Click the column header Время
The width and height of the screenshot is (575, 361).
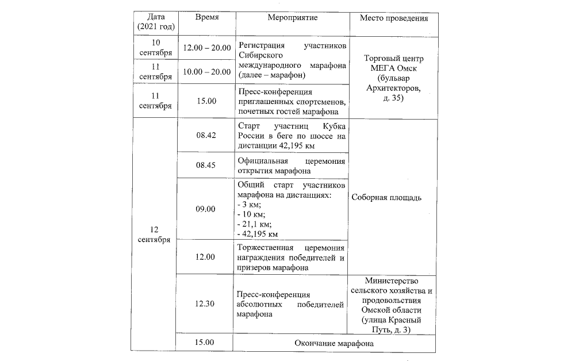tap(206, 17)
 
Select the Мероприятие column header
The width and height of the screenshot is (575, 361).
tap(292, 17)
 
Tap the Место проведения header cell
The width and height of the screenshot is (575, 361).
tap(394, 18)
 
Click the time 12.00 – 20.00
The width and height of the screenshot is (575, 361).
tap(206, 48)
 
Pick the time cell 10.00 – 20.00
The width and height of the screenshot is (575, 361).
tap(206, 71)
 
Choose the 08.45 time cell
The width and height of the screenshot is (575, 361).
tap(205, 164)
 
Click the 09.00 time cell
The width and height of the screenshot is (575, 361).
tap(205, 209)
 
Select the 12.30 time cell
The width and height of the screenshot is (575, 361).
tap(205, 304)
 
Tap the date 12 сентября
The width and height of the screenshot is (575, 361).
tap(154, 234)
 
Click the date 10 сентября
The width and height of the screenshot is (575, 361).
tap(155, 48)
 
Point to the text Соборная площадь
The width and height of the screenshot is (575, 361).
tap(387, 197)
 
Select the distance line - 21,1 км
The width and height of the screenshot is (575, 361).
tap(254, 224)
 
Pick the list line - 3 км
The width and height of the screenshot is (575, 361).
tap(249, 205)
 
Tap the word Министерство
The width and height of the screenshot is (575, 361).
tap(394, 281)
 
